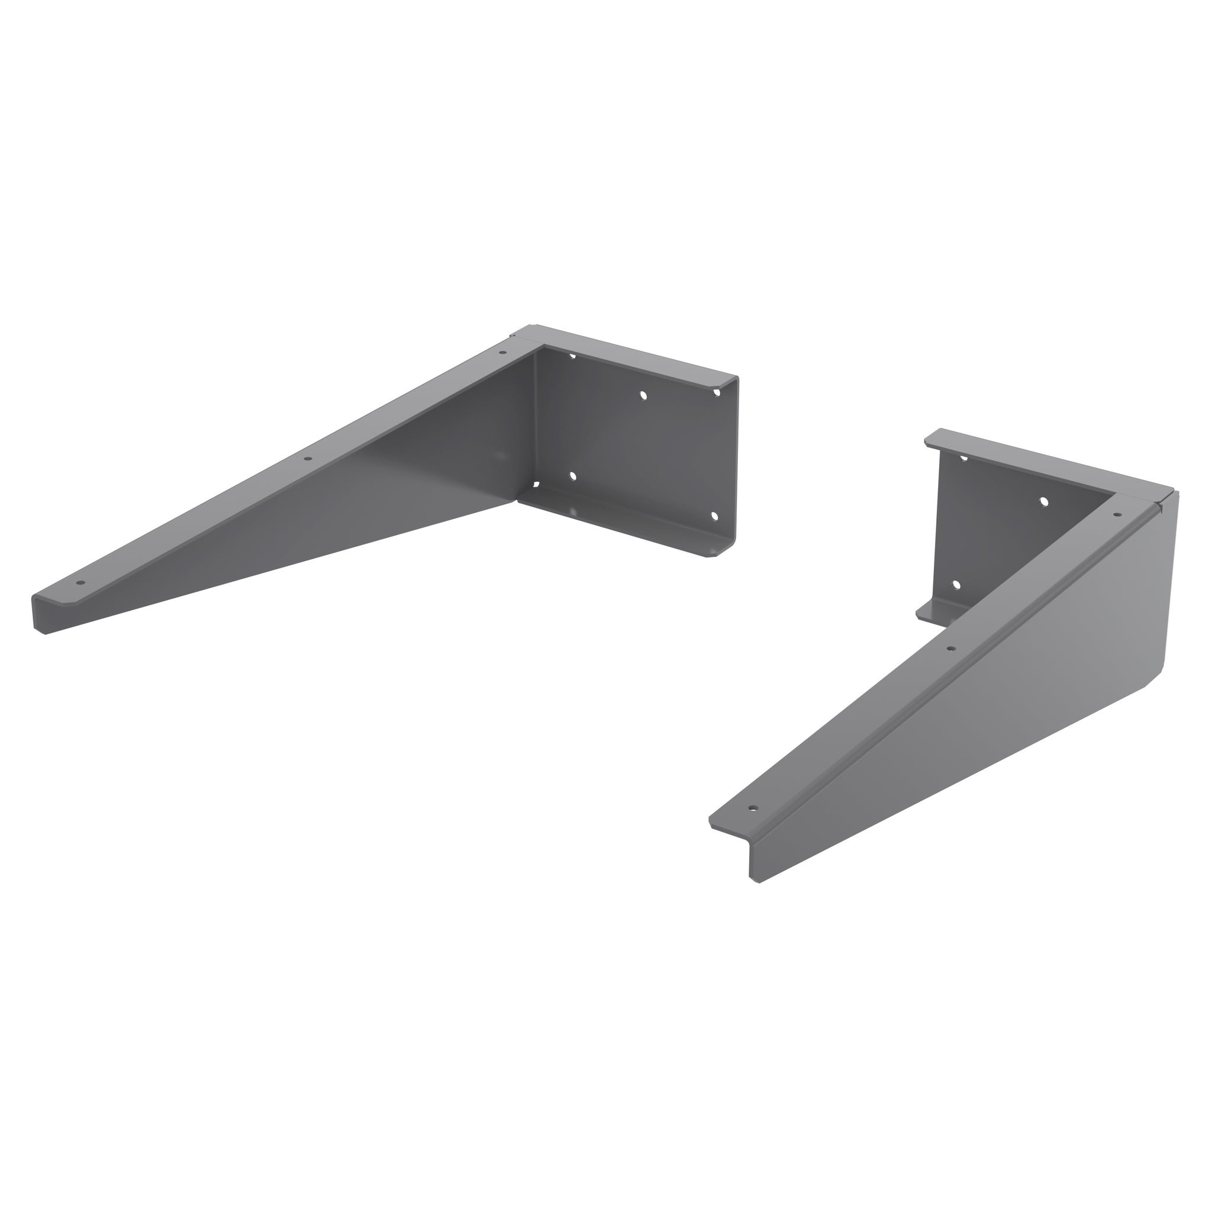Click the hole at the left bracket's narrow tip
(x=80, y=583)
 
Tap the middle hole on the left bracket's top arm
(x=307, y=459)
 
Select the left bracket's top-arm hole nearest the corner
(x=502, y=353)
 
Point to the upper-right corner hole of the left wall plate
(x=717, y=393)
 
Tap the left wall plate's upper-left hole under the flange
(x=572, y=356)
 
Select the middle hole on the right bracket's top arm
(x=951, y=648)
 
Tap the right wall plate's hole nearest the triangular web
(x=1044, y=501)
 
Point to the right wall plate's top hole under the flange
(x=964, y=459)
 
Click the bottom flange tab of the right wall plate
(x=934, y=610)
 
